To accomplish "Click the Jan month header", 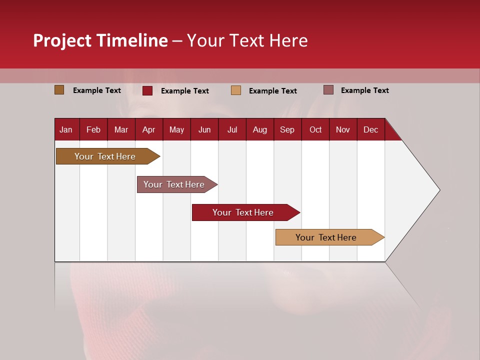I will (66, 130).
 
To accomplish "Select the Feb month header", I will (93, 130).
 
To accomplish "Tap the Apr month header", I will (148, 130).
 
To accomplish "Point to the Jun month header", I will (204, 130).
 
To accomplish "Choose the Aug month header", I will (259, 130).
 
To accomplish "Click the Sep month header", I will (287, 130).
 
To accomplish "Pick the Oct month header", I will (315, 130).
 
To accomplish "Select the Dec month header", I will (370, 130).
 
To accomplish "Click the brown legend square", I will (59, 90).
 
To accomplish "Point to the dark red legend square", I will (147, 90).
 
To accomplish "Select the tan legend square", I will (236, 90).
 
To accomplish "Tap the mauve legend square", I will (328, 90).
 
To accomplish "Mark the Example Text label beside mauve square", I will (364, 90).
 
